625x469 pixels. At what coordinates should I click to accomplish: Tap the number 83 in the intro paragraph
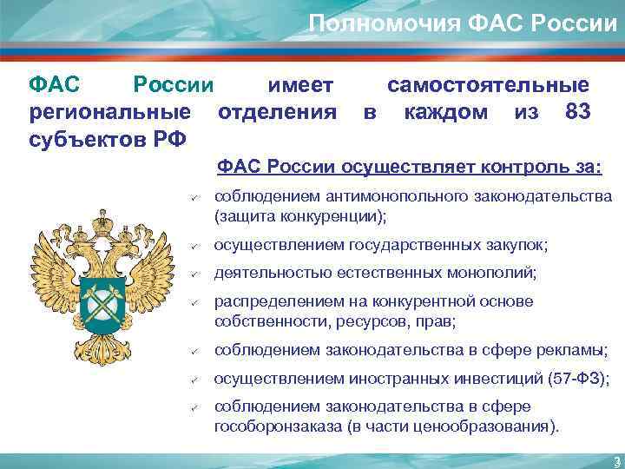click(577, 113)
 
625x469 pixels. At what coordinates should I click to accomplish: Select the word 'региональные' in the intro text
click(109, 113)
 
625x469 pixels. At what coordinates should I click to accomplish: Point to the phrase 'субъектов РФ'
click(108, 139)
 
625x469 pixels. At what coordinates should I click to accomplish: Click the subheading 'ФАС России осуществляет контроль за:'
click(410, 166)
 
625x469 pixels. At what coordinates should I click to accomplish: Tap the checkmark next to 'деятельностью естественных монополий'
click(196, 274)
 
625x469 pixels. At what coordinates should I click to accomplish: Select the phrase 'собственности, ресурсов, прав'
click(334, 321)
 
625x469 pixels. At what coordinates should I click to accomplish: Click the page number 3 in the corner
click(614, 460)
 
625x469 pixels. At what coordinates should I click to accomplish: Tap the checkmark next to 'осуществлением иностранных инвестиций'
click(196, 379)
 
